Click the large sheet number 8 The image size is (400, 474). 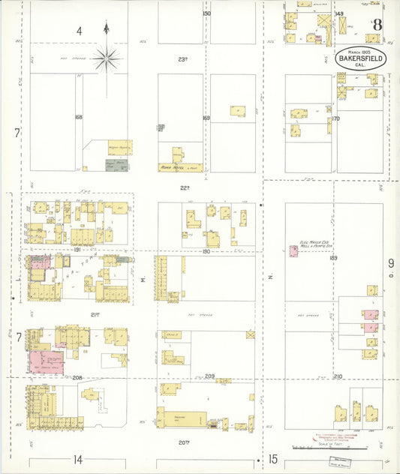point(377,25)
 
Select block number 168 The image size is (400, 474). point(78,118)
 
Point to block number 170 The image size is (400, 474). point(335,118)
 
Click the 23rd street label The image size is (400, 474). point(182,59)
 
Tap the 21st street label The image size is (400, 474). point(95,314)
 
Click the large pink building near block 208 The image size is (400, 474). point(47,362)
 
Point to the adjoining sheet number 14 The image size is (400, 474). point(77,458)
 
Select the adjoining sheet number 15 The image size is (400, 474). point(273,458)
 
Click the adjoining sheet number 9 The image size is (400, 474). point(390,263)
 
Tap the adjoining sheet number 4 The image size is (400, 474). point(78,31)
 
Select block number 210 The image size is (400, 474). point(338,376)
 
